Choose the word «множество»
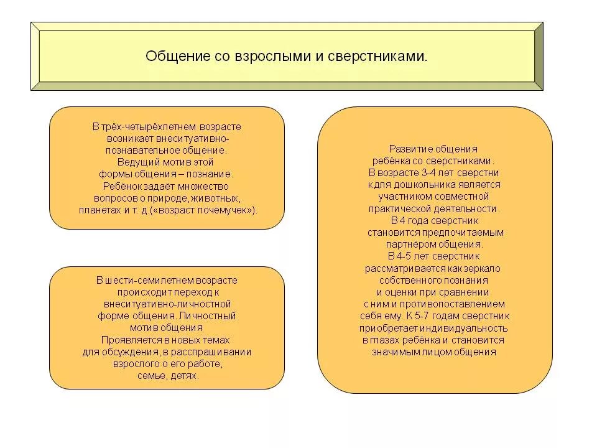tap(203, 186)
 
